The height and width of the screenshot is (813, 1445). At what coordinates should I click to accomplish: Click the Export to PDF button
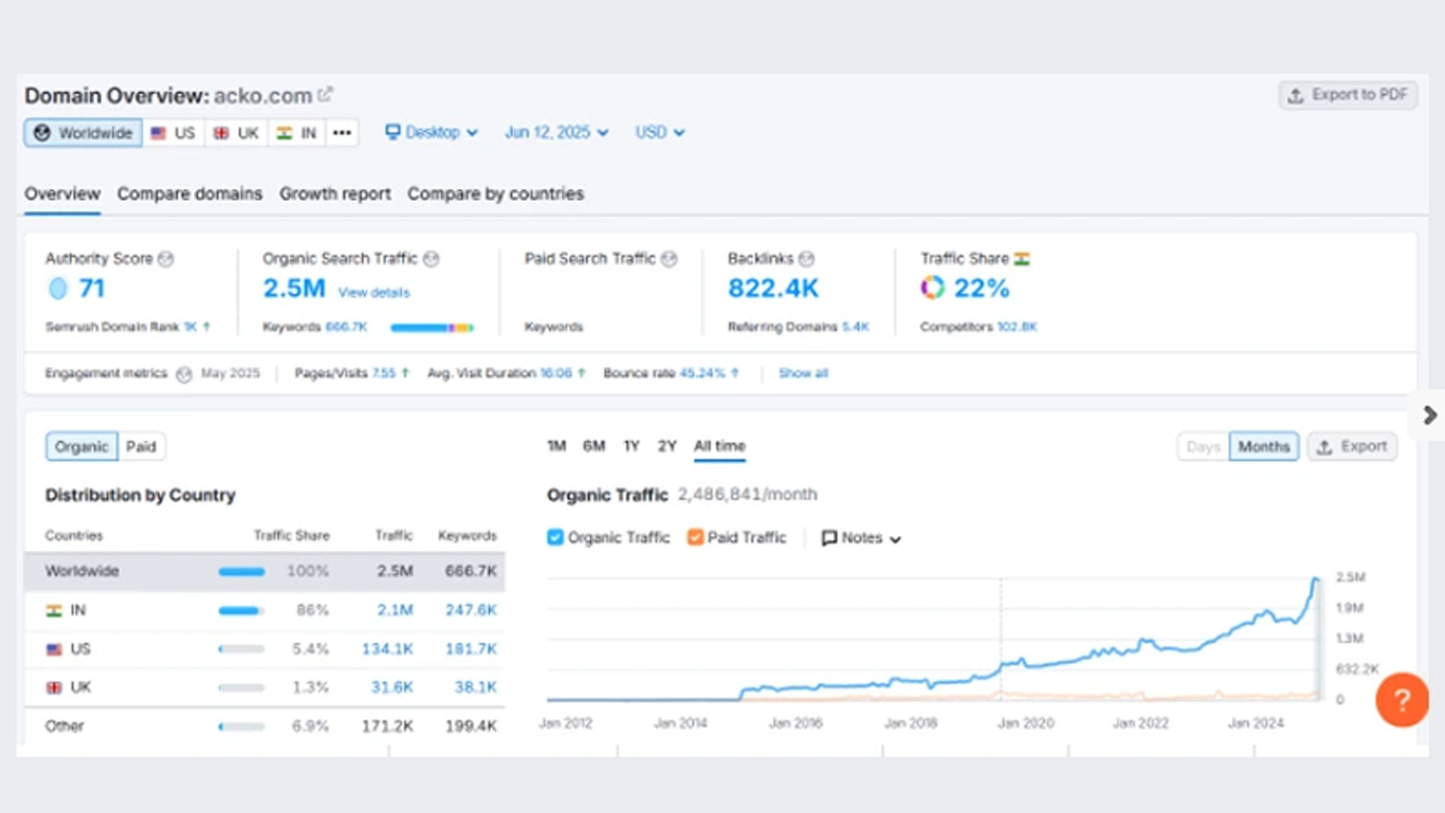1348,95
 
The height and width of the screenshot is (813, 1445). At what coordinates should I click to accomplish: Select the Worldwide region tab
83,133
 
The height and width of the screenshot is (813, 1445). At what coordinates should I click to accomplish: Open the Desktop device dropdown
432,132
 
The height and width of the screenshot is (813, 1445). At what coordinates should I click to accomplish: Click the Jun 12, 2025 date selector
556,132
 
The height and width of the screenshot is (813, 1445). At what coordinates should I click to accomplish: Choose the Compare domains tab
190,193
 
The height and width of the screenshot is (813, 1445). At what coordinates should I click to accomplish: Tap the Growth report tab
335,193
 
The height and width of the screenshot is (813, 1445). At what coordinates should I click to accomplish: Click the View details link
373,292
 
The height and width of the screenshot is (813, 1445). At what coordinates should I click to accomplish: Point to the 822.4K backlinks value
773,288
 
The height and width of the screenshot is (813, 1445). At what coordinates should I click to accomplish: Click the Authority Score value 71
91,288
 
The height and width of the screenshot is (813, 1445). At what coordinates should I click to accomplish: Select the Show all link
802,373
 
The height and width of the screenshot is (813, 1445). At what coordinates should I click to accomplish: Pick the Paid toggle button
141,446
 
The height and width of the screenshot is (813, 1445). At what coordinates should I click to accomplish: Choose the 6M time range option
594,446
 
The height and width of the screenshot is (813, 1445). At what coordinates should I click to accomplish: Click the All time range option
719,446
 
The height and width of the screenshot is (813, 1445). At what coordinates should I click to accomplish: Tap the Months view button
1264,446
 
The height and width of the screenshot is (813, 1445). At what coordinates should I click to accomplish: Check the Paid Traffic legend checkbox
695,537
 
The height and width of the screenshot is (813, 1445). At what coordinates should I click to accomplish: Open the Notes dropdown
861,537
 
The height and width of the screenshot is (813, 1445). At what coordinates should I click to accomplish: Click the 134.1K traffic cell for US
388,648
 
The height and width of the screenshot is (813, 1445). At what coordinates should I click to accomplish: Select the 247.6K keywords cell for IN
470,610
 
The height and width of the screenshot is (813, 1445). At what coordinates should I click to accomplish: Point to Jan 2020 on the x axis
1026,723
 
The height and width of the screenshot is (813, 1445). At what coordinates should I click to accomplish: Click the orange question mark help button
1401,699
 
